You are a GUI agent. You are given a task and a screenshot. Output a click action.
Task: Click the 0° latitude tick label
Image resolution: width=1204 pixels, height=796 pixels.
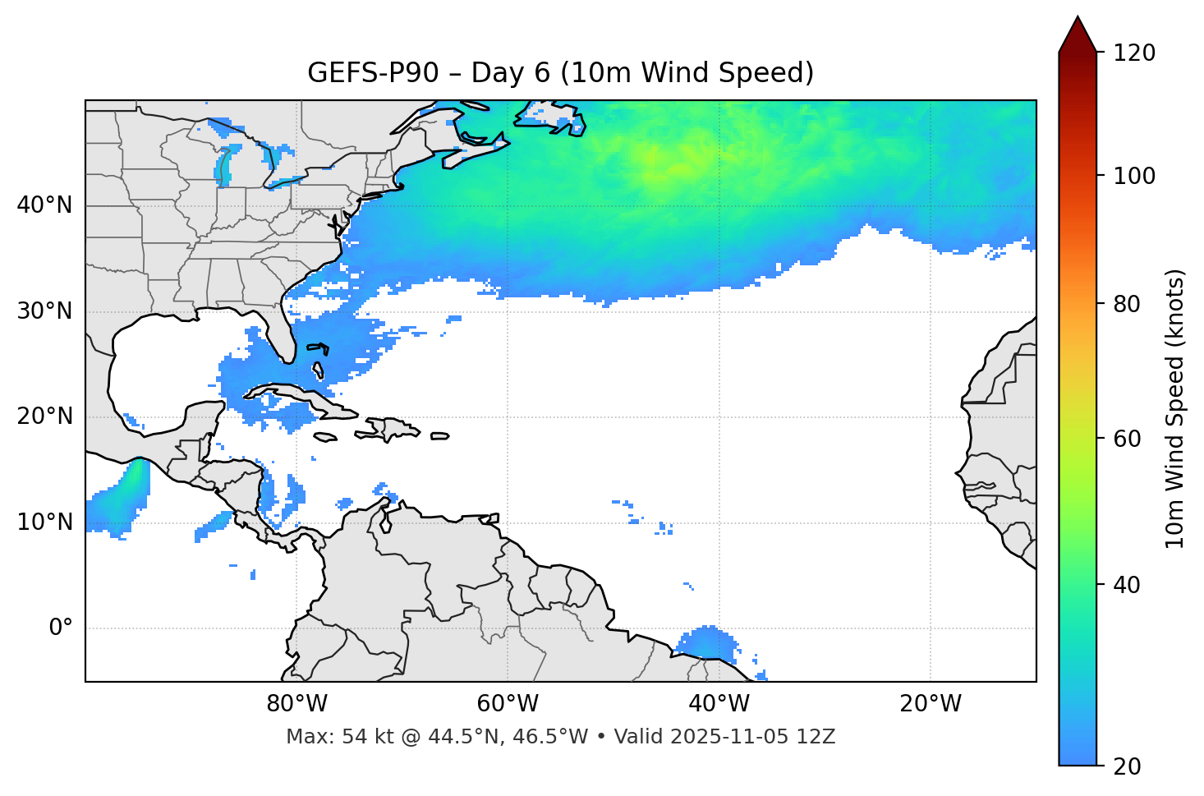61,628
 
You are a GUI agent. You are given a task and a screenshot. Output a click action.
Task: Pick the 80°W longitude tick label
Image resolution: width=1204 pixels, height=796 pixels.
296,704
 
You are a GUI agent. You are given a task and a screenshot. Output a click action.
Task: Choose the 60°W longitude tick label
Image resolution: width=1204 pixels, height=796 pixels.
508,704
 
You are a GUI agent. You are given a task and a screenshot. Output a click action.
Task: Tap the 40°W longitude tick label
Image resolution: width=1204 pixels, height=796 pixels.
719,704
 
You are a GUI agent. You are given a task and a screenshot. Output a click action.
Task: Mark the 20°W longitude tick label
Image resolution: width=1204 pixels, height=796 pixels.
930,704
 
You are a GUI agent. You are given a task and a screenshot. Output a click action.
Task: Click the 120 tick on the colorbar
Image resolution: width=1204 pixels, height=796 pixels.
1134,53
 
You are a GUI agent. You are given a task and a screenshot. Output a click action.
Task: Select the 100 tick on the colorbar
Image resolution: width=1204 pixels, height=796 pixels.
1134,176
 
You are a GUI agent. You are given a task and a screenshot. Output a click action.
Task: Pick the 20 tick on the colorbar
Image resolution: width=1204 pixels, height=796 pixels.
1128,766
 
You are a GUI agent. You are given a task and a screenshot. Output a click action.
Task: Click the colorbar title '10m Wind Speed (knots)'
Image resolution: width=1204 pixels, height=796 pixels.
1175,408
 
